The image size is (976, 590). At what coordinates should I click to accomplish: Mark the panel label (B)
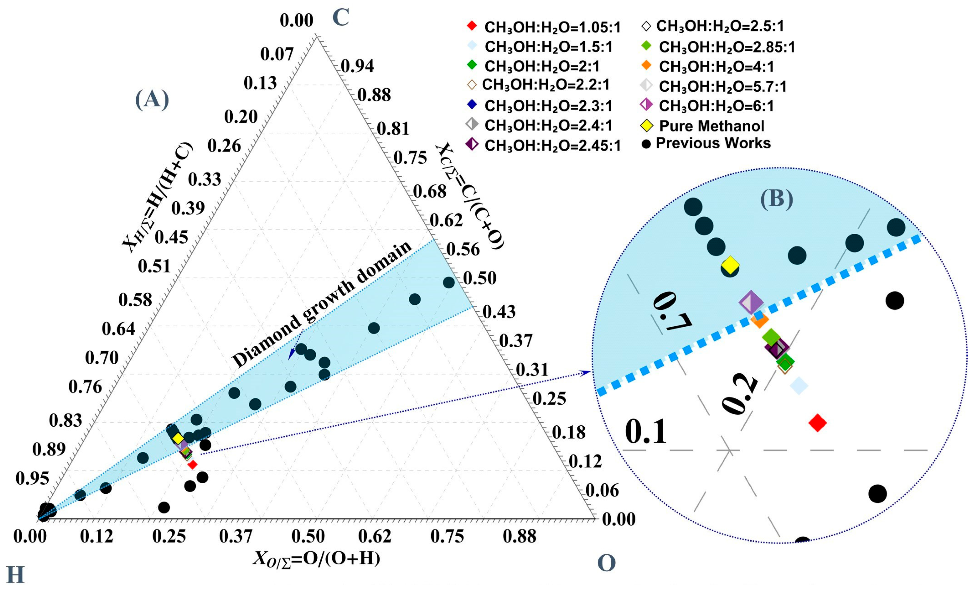click(776, 199)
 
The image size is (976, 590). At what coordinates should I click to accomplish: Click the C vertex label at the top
click(340, 18)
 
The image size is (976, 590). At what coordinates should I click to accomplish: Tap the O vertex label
click(606, 563)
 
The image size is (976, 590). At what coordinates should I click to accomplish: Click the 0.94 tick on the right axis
click(357, 66)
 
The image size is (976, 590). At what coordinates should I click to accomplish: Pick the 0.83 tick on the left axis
click(65, 420)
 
